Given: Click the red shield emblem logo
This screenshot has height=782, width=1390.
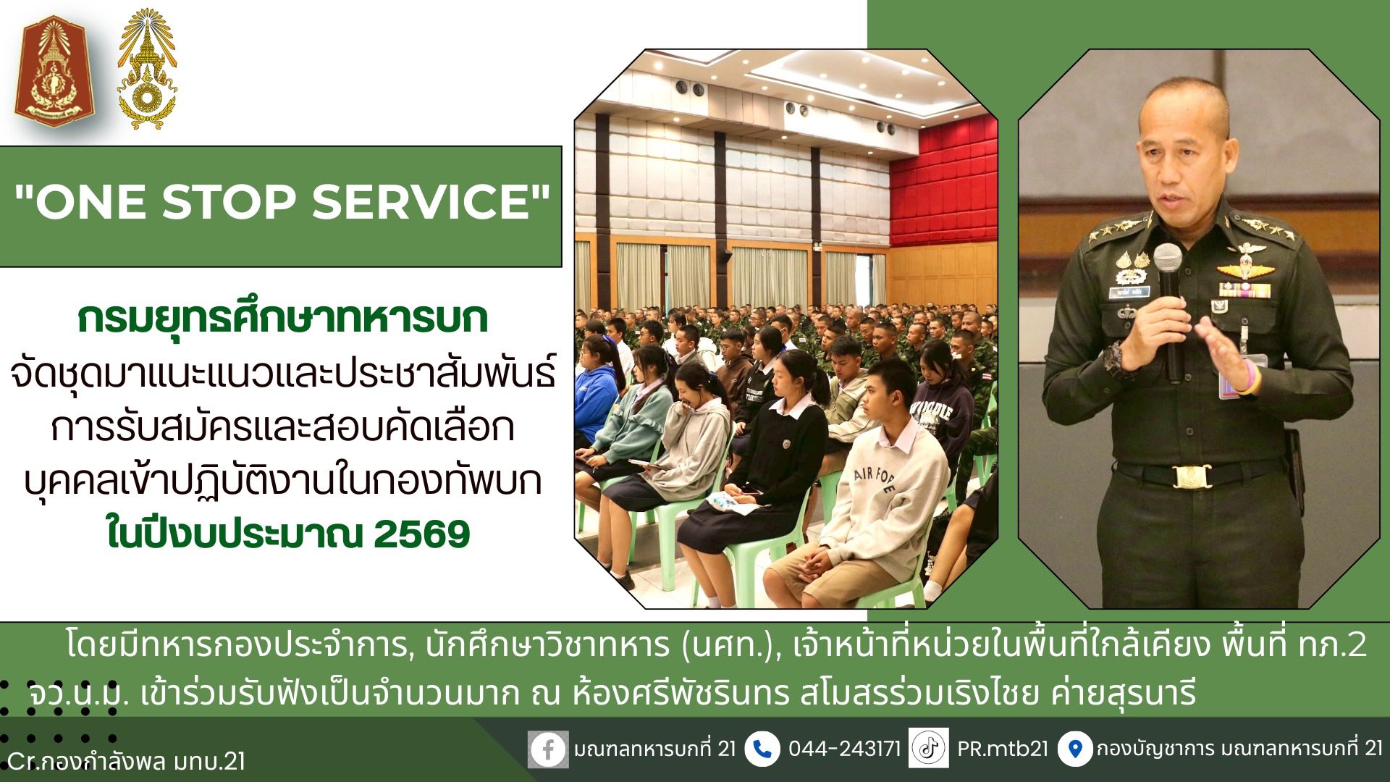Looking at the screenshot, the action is pos(50,71).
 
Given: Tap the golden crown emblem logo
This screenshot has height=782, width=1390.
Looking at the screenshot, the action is pos(147,70).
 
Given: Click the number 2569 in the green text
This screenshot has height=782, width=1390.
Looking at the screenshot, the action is pos(422,534).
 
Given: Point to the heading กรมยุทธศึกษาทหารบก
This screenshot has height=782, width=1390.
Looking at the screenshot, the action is pos(283,319).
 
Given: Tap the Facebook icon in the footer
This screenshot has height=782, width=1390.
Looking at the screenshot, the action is pos(547,749).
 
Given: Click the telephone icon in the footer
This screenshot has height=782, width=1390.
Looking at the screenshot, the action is pos(762,749).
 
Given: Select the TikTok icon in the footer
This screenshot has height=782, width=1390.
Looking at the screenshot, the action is pos(929,748).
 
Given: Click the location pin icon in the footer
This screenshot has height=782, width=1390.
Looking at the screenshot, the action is pos(1075,749).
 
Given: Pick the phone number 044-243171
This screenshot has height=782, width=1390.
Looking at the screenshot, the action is pos(844,749).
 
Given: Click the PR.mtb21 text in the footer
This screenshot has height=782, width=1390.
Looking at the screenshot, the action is pos(1003,749).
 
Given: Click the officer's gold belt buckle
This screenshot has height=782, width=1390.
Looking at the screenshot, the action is pos(1191,476).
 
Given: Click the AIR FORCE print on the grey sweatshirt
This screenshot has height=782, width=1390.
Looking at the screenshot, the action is pos(875,479).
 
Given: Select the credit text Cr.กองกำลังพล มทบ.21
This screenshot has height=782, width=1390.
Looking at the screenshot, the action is pos(126,762).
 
